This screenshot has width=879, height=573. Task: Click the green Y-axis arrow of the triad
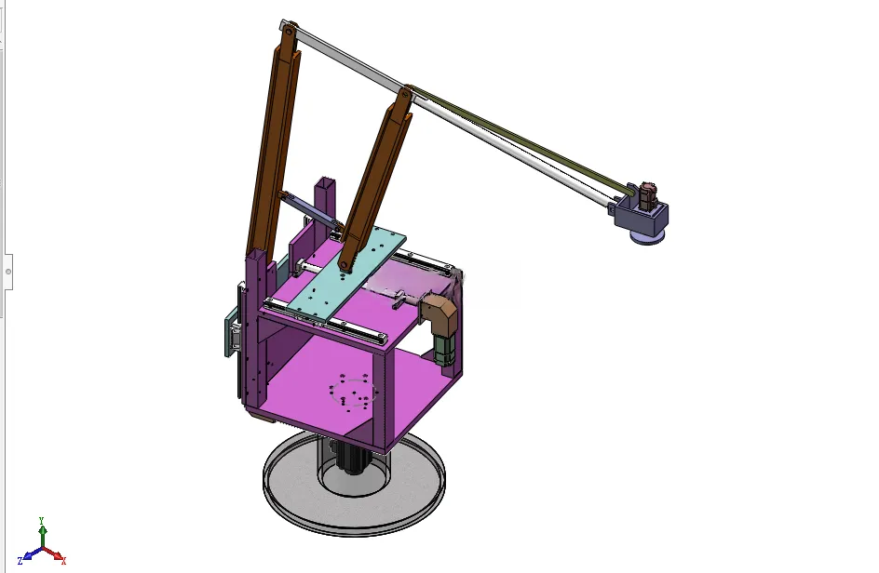tap(43, 536)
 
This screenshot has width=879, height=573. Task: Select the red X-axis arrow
tap(53, 554)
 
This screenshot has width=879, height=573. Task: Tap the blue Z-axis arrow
tap(32, 554)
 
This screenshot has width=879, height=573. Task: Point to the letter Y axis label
tap(41, 520)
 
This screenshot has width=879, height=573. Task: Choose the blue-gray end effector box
tap(641, 215)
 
